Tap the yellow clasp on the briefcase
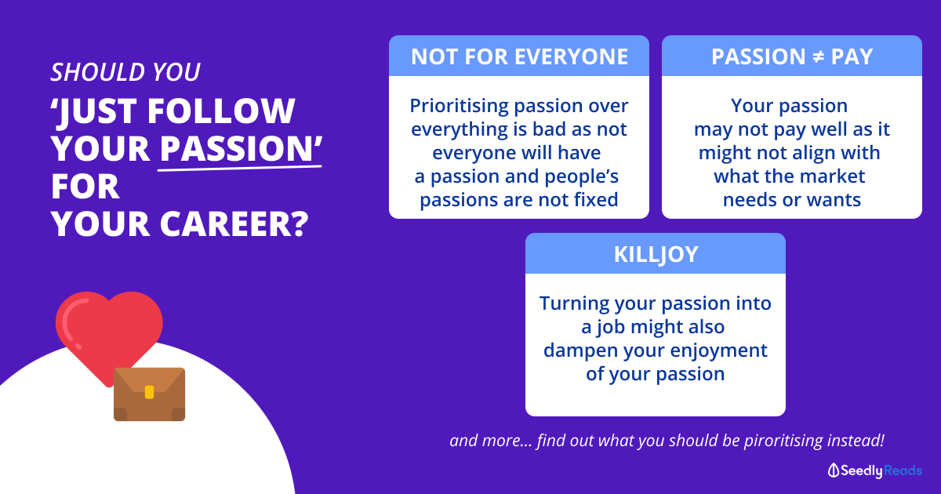(x=149, y=392)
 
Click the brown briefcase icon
(x=149, y=394)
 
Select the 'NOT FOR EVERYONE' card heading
(x=519, y=56)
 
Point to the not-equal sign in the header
(x=817, y=56)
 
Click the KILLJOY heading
(x=656, y=254)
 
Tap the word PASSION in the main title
(x=236, y=148)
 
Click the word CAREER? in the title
(x=234, y=223)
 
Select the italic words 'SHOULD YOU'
(x=125, y=72)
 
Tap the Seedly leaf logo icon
(x=833, y=470)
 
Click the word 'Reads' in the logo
(x=903, y=470)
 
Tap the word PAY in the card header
(x=852, y=56)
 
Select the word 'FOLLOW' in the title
(x=221, y=111)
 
